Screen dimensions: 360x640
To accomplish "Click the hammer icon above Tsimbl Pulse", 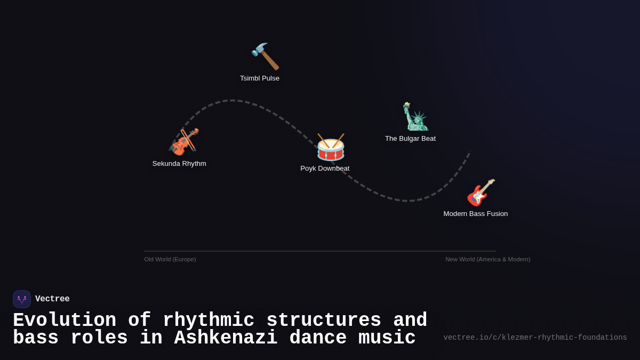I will pyautogui.click(x=265, y=57).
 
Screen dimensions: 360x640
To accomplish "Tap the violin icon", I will pyautogui.click(x=184, y=142).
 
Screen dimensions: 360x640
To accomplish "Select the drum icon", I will pyautogui.click(x=331, y=147).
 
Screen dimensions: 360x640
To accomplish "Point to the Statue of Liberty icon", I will pyautogui.click(x=415, y=117).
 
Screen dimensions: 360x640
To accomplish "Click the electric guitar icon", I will pyautogui.click(x=481, y=193).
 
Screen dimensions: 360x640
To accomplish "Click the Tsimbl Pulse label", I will pyautogui.click(x=260, y=78).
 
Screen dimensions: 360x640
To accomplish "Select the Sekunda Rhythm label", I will pyautogui.click(x=179, y=164).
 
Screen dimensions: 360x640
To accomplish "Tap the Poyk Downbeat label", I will pyautogui.click(x=325, y=169).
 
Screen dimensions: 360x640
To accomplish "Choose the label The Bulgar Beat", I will pyautogui.click(x=410, y=139).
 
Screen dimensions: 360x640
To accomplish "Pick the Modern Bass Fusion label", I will pyautogui.click(x=475, y=214).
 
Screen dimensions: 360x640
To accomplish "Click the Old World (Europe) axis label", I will pyautogui.click(x=170, y=259).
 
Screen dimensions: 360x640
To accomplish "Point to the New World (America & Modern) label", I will pyautogui.click(x=487, y=259).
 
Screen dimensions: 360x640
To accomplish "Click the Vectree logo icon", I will pyautogui.click(x=22, y=299).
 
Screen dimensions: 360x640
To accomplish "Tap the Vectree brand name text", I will pyautogui.click(x=52, y=299).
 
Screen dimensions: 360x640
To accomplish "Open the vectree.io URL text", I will pyautogui.click(x=535, y=338).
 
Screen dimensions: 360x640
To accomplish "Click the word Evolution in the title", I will pyautogui.click(x=65, y=321).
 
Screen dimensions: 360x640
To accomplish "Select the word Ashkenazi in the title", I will pyautogui.click(x=226, y=338).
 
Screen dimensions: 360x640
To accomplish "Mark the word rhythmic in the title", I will pyautogui.click(x=209, y=321).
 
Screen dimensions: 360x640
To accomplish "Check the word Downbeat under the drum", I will pyautogui.click(x=334, y=169).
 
